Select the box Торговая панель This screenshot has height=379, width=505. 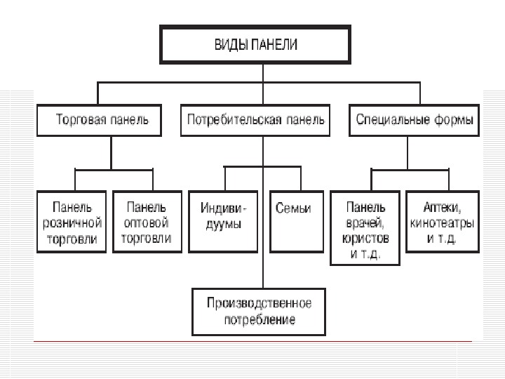pos(99,120)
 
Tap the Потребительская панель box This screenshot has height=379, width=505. pos(255,120)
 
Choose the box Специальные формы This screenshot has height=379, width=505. pos(413,120)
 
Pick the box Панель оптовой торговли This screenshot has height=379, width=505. pos(146,222)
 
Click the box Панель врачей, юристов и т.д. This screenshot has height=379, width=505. pos(365,229)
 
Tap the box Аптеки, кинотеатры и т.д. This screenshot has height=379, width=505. pos(440,222)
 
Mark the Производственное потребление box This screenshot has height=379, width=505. pos(259,311)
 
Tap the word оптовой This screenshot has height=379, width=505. pos(146,222)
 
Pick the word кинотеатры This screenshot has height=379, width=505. pos(440,222)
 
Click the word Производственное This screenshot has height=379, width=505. pos(259,303)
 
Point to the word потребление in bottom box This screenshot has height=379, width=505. pos(259,319)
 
